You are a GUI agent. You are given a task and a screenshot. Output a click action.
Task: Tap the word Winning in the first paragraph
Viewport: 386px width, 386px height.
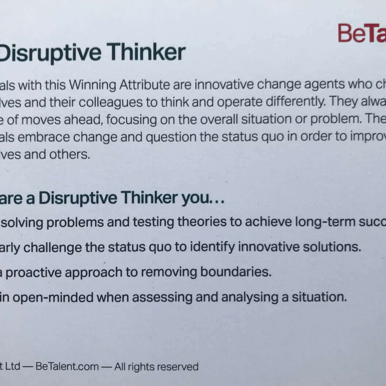pos(94,85)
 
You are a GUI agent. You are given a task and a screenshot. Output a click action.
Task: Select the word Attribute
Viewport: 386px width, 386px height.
pos(145,85)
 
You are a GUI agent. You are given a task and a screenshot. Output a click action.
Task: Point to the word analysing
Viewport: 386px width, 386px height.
pos(249,298)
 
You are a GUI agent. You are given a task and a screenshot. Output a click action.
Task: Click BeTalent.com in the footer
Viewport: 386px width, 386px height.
pos(67,367)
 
